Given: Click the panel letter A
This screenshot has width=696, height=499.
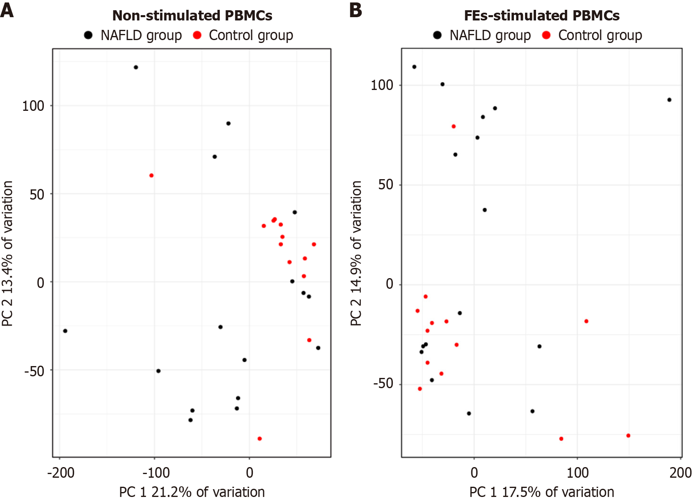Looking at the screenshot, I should tap(7, 10).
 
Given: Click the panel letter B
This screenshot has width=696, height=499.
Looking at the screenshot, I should tap(356, 10).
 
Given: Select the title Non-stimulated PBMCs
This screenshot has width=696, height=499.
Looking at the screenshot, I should tap(192, 16).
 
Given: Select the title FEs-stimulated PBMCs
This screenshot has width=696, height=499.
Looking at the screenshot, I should tap(541, 16).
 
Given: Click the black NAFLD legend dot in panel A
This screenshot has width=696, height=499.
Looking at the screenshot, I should tap(88, 35).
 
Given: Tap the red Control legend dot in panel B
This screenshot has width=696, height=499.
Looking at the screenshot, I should tap(546, 35).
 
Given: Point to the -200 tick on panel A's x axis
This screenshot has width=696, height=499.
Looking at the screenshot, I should tap(61, 473).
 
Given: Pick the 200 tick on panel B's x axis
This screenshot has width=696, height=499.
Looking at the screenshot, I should tap(680, 473).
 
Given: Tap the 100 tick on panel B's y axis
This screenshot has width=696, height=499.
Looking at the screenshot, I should tap(381, 85).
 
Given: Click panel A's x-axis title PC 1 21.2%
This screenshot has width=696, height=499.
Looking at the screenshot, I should tap(192, 492).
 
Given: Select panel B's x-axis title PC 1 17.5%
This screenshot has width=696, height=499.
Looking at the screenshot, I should tap(541, 492).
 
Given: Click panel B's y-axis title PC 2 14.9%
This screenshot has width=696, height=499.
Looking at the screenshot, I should tap(356, 253).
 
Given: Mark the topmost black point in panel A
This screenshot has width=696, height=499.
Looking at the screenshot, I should tap(136, 67).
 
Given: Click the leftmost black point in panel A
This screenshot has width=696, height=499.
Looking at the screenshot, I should tap(65, 331).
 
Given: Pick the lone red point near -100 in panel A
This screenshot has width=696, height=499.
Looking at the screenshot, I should tap(151, 175).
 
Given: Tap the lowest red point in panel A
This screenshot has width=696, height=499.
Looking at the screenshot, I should tap(259, 439).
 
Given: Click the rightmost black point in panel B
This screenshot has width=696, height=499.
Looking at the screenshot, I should tap(669, 100).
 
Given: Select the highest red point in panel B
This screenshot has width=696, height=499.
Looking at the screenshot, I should tap(453, 127).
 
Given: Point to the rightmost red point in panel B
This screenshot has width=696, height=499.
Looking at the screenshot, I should tap(628, 436).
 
